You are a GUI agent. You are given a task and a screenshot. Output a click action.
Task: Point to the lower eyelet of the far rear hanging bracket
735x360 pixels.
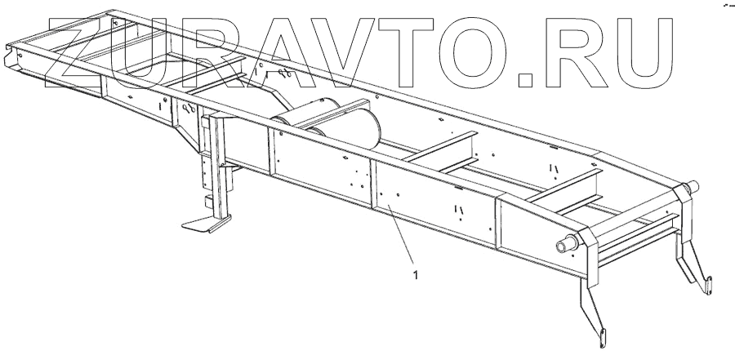point(699,285)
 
